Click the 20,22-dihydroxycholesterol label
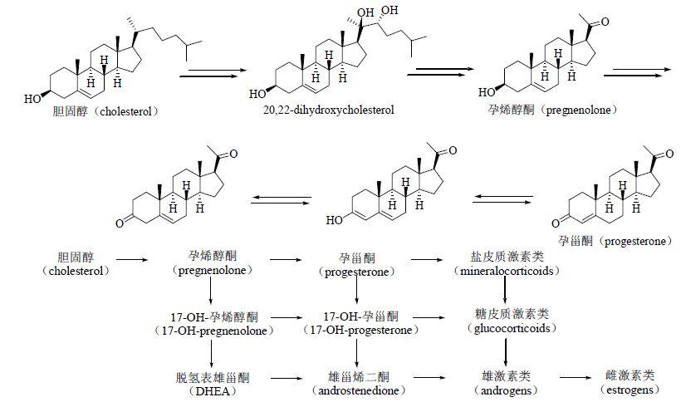[x=328, y=110]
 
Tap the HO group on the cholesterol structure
[x=32, y=99]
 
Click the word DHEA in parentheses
[x=213, y=391]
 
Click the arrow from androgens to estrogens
[x=576, y=377]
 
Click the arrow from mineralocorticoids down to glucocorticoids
[x=505, y=290]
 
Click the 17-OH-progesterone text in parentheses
[x=361, y=330]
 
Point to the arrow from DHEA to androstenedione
[x=286, y=378]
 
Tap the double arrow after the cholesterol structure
[x=209, y=73]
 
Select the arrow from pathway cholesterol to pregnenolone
[x=133, y=260]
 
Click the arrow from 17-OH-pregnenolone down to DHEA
[x=212, y=352]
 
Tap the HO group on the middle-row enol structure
[x=335, y=220]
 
